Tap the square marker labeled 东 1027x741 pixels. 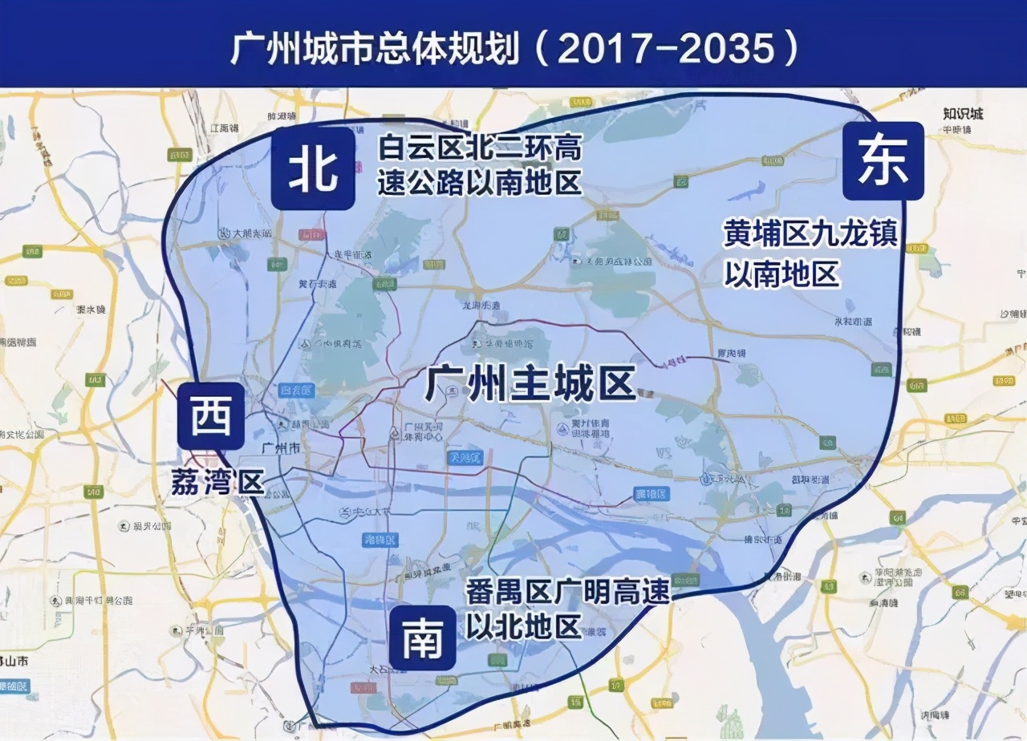[883, 160]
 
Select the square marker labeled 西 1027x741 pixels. [211, 416]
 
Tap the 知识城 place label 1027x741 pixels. [963, 113]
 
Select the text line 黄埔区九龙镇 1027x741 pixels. [810, 234]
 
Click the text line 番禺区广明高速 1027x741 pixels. [568, 593]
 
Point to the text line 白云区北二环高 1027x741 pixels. [479, 148]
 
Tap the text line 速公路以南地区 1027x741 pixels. [479, 183]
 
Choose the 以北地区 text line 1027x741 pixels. [523, 627]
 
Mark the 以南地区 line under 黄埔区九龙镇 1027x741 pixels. [781, 273]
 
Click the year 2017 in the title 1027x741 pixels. [600, 50]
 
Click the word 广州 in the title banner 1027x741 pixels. [262, 50]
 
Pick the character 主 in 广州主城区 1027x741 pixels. [530, 383]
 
